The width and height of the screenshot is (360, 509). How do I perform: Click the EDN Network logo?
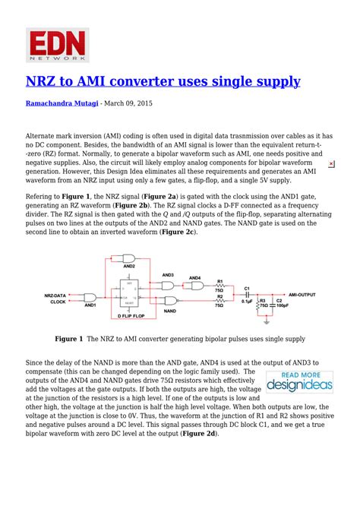click(x=58, y=45)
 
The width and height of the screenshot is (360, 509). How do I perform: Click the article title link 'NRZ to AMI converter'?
click(x=163, y=81)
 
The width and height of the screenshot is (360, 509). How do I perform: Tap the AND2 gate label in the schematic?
click(x=128, y=266)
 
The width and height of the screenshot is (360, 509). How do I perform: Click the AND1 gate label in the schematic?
click(x=90, y=305)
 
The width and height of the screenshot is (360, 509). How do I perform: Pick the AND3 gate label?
click(x=169, y=274)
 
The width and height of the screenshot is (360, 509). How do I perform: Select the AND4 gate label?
click(x=194, y=278)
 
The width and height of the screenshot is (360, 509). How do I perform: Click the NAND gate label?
click(x=170, y=311)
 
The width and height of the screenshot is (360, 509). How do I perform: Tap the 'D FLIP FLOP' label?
click(x=130, y=315)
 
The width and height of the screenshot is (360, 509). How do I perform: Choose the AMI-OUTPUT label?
click(x=302, y=292)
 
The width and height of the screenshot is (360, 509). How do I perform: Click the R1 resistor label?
click(x=220, y=280)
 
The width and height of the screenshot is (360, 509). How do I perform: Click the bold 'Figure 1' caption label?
click(x=68, y=339)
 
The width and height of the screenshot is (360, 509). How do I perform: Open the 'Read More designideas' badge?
click(x=299, y=382)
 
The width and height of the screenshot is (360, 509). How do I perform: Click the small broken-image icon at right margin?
click(x=331, y=164)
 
